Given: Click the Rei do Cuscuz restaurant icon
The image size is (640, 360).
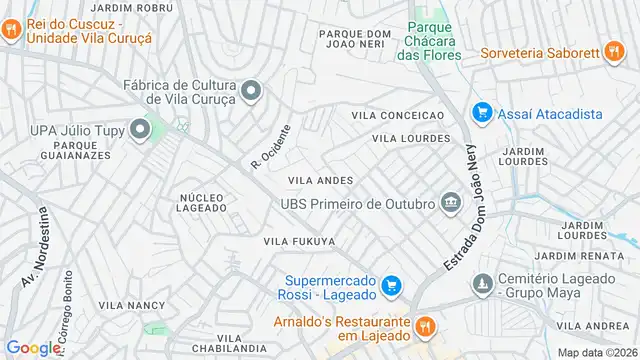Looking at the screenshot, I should [11, 29].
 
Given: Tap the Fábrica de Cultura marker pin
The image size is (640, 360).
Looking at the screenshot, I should [250, 91].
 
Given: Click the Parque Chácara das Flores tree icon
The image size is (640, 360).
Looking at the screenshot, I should [418, 30].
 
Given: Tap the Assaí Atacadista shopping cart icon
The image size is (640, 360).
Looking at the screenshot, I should [482, 114].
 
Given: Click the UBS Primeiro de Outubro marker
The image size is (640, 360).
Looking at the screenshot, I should [450, 204].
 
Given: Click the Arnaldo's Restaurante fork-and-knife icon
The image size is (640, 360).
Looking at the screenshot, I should [424, 325].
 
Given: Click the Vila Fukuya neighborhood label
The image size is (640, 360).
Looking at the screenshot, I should [298, 241].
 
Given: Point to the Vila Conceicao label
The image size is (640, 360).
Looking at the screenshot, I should [397, 116].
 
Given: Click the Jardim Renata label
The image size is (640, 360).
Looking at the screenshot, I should [571, 257].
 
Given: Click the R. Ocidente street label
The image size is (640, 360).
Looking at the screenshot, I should [270, 147].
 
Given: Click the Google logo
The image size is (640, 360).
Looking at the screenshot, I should [34, 347].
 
